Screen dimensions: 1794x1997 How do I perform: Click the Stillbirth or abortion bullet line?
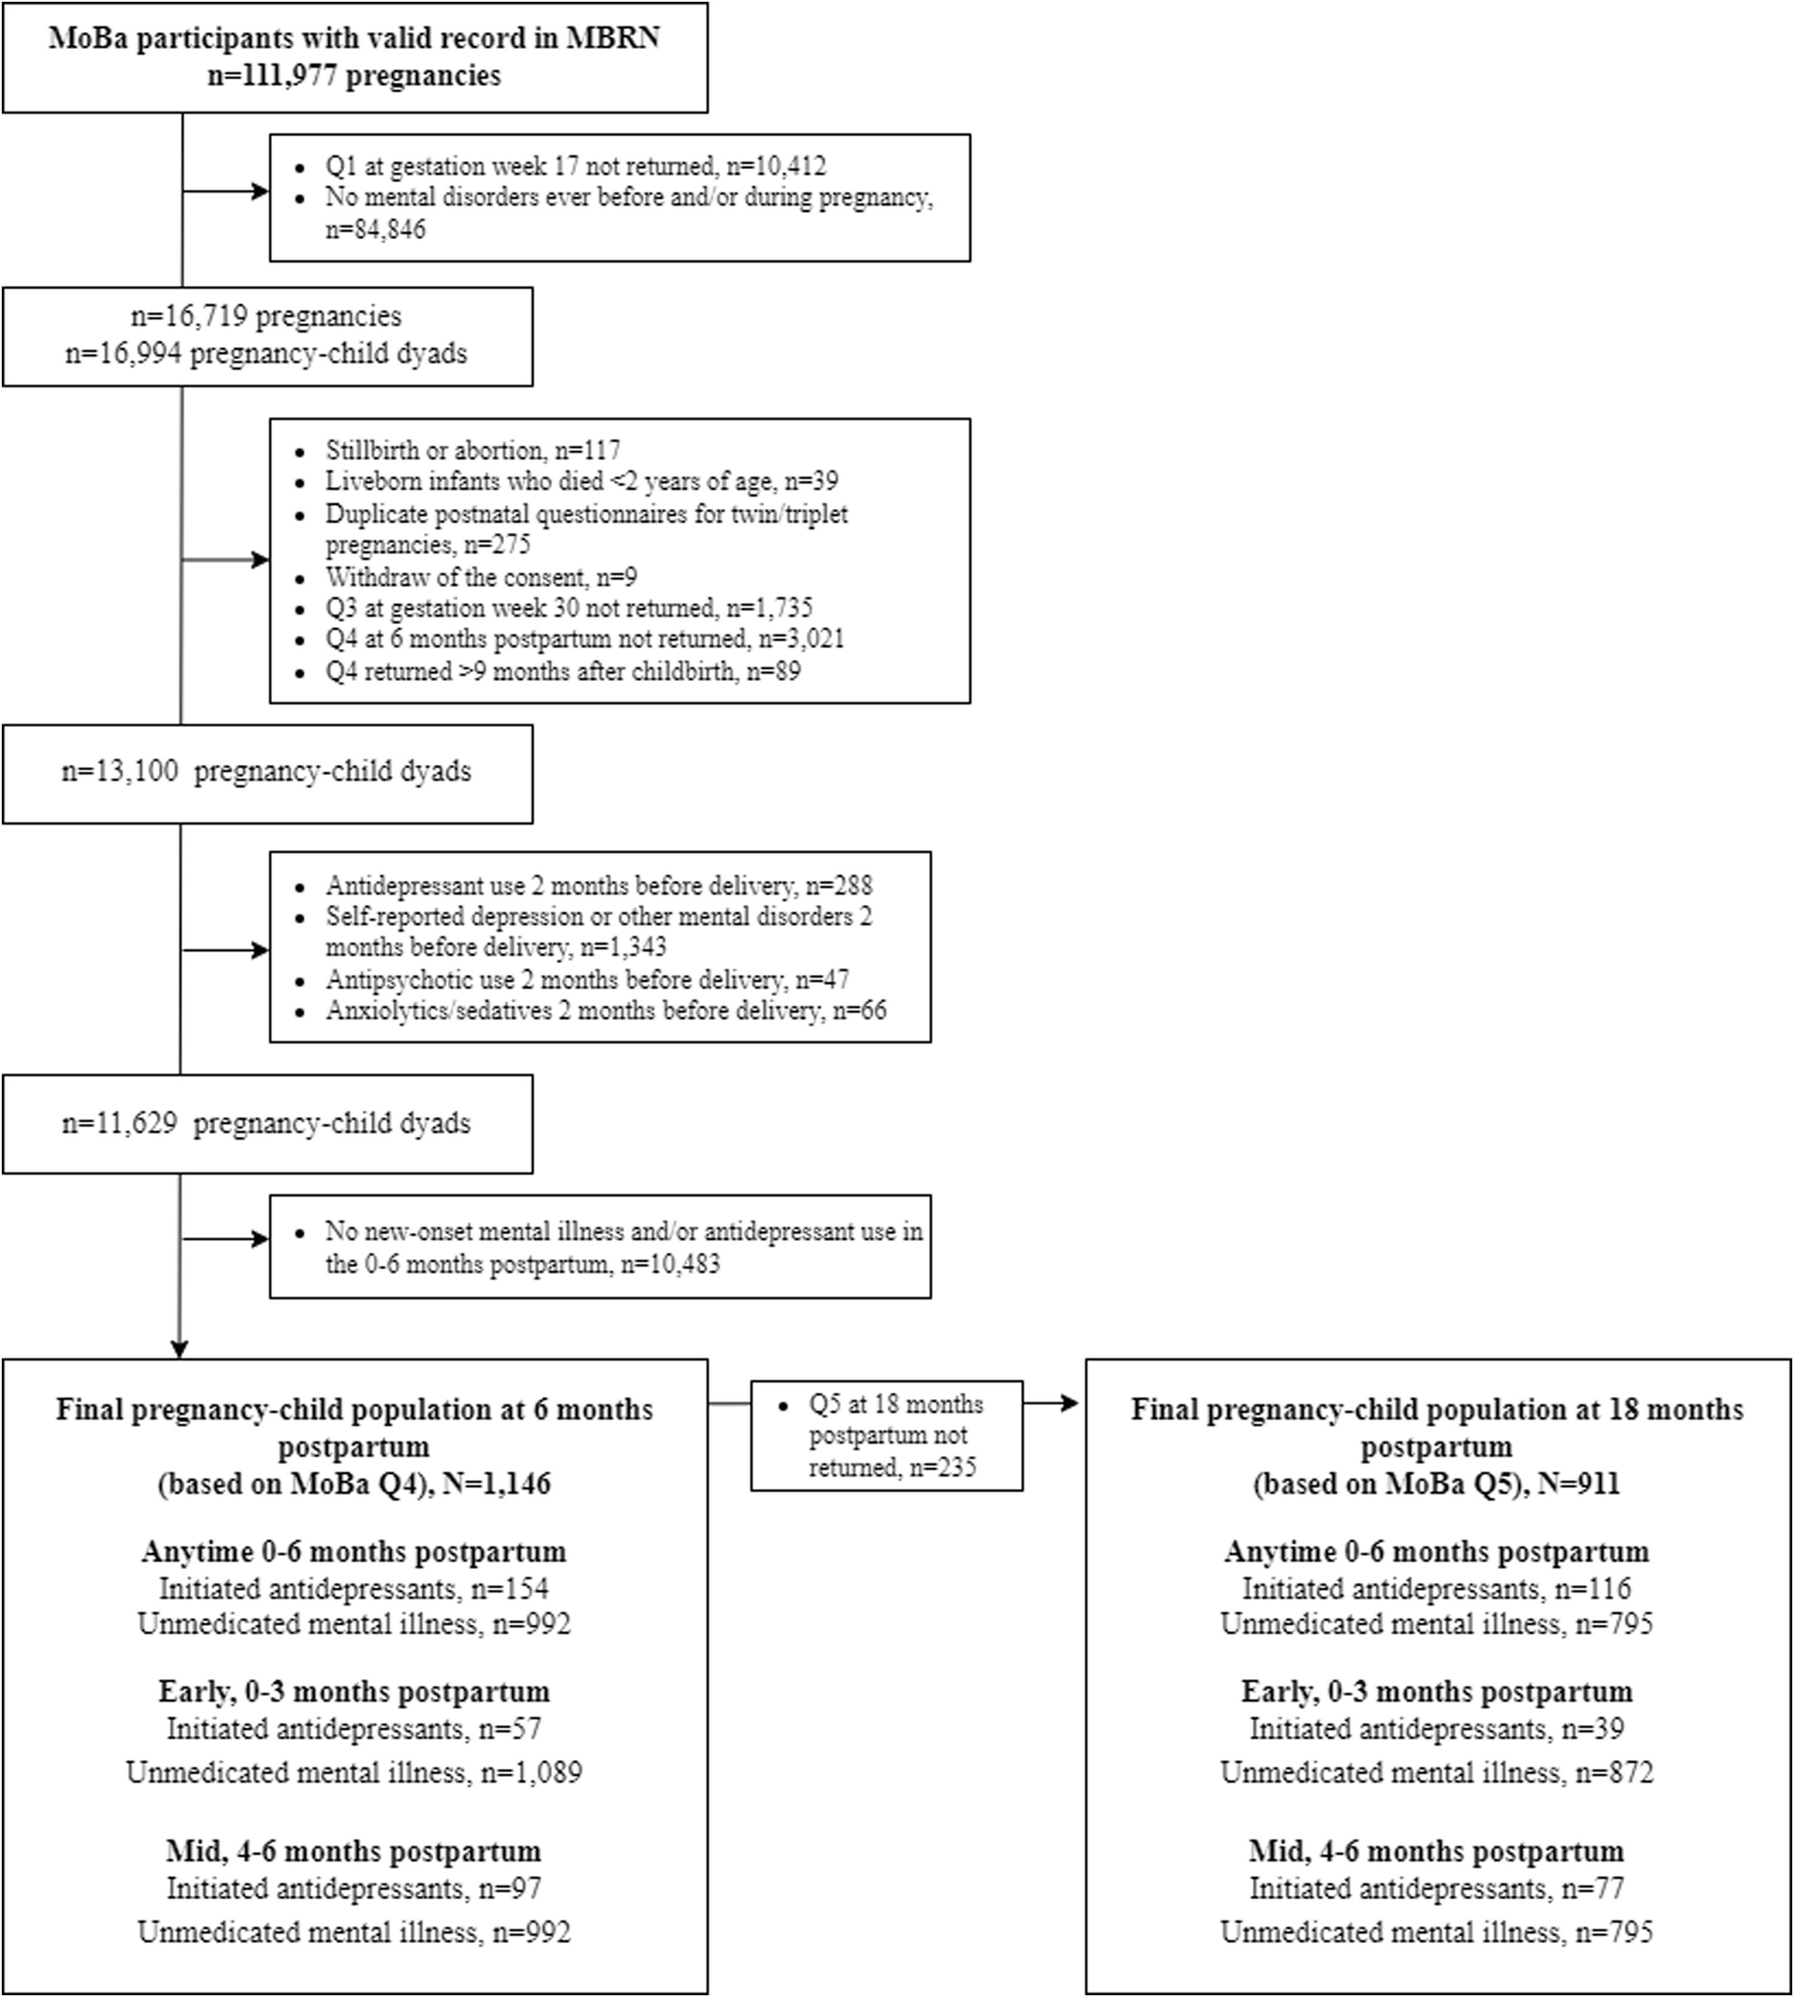[473, 450]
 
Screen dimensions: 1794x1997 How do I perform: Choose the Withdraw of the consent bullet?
[481, 576]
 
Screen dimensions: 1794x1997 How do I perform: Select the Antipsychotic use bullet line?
[587, 980]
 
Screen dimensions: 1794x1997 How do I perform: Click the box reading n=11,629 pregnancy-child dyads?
[268, 1123]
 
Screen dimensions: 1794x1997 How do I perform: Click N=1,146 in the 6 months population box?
[497, 1483]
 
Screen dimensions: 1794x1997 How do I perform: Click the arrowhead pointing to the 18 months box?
[1069, 1403]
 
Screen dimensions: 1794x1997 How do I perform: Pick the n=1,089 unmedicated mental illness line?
[354, 1772]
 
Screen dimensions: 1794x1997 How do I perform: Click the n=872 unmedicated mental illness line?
[1437, 1772]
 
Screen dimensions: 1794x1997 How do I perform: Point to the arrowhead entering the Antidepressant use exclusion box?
[260, 950]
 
